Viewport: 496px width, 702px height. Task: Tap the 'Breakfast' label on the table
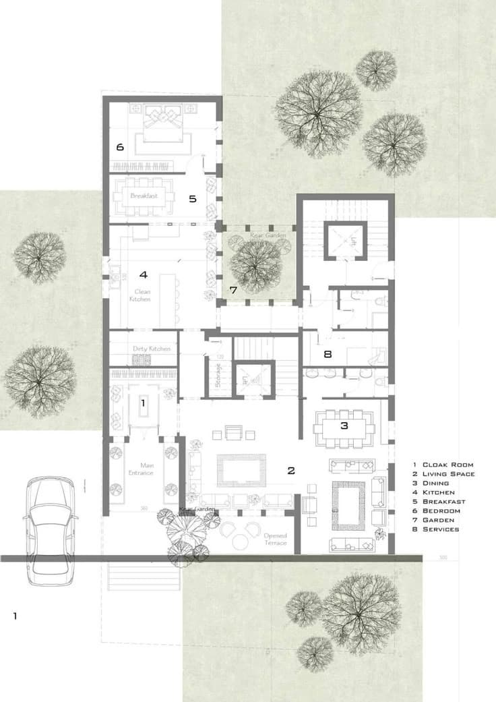pos(144,196)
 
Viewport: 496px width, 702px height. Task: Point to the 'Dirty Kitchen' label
pos(151,349)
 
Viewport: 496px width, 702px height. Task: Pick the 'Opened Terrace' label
pos(274,539)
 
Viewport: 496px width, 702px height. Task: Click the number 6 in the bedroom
pos(119,147)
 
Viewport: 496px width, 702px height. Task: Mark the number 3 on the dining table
pos(344,426)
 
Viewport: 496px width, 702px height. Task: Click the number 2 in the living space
pos(291,471)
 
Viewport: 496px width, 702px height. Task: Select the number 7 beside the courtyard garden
pos(233,291)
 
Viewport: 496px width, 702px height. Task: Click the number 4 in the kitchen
pos(143,274)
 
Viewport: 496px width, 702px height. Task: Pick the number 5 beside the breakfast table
pos(192,199)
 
